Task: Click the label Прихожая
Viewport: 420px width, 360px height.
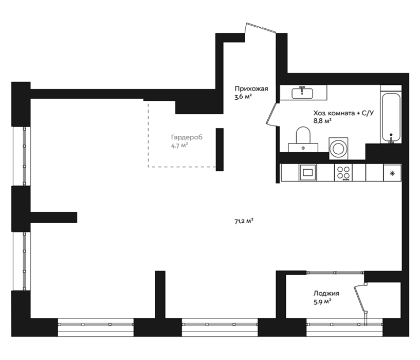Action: click(x=251, y=88)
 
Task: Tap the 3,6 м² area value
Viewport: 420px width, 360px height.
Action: click(x=243, y=97)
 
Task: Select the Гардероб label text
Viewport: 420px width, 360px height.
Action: click(x=187, y=137)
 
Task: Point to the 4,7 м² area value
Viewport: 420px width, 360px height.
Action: click(x=179, y=146)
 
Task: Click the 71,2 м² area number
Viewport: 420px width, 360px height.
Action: click(x=244, y=221)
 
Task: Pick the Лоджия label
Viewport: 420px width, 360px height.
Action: click(x=326, y=293)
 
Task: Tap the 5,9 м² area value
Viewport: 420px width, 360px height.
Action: click(x=322, y=301)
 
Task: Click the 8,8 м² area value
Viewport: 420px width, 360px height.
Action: click(x=322, y=121)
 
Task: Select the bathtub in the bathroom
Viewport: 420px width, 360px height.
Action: click(x=391, y=117)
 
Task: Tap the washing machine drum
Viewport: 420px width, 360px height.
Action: click(x=338, y=149)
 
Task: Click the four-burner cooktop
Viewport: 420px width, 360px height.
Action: click(x=343, y=173)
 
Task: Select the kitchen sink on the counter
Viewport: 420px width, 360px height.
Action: click(x=308, y=172)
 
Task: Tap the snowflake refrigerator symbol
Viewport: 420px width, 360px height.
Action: click(x=392, y=173)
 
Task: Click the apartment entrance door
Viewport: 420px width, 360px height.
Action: click(x=261, y=28)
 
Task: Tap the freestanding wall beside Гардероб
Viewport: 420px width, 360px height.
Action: click(x=220, y=149)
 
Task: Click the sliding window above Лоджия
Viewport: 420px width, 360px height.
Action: click(x=335, y=273)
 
